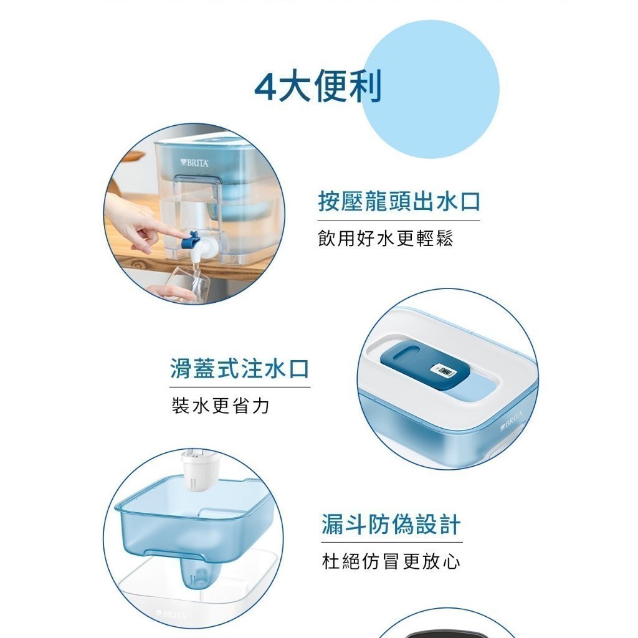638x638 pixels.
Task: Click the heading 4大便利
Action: (x=318, y=87)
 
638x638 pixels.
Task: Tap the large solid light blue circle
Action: (x=431, y=89)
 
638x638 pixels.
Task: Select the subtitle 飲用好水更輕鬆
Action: (x=385, y=238)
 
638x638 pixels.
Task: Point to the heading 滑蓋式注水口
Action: (x=240, y=368)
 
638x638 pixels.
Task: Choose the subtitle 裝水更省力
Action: (x=221, y=406)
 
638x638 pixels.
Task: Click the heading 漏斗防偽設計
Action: (x=391, y=524)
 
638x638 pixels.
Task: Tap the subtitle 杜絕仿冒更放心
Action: (x=391, y=561)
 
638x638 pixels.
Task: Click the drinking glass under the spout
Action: (x=191, y=283)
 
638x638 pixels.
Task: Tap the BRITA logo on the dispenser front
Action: (x=194, y=163)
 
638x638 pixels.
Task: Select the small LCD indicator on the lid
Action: (x=443, y=370)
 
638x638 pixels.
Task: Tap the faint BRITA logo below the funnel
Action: (x=171, y=614)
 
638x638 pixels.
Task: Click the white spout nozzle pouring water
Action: (x=200, y=248)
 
